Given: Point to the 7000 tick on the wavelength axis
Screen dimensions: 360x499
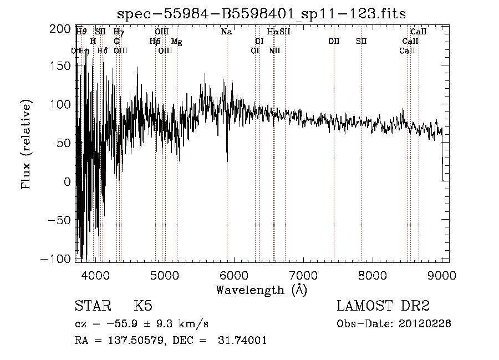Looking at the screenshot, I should [303, 275].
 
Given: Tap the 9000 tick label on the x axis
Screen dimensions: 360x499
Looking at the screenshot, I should [441, 275].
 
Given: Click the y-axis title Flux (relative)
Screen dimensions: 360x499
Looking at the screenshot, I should [27, 144].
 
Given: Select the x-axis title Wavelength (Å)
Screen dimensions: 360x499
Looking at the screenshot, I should [261, 290].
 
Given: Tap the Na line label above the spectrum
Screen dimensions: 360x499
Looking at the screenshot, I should [226, 32].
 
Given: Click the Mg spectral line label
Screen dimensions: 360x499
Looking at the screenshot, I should [176, 42].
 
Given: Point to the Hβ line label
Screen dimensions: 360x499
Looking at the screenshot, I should [155, 42].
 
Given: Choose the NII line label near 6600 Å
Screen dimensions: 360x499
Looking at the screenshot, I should [274, 51].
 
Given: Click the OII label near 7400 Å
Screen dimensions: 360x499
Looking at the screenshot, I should [334, 42].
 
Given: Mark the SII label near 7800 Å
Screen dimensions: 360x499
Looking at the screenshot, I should [361, 42].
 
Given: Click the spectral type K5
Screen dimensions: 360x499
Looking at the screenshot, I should [143, 306].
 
